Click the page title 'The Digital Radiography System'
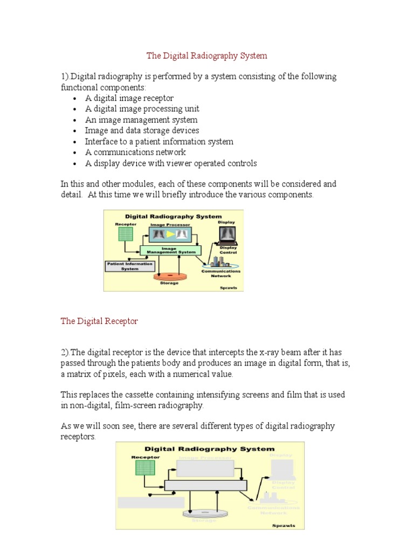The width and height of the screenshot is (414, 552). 207,56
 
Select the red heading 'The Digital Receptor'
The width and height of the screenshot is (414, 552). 99,321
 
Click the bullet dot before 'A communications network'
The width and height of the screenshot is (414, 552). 74,153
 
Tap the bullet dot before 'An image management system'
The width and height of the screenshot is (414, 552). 74,120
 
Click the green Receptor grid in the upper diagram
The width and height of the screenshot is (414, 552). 125,233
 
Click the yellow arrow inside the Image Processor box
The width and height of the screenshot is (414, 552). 171,234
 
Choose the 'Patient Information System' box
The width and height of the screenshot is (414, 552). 130,266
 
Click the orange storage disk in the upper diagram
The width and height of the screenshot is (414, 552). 169,276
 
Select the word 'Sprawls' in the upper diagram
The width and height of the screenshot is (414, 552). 228,288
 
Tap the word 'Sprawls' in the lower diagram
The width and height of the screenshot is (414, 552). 284,525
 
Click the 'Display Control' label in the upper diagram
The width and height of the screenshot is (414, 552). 228,250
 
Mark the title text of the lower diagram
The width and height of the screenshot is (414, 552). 209,448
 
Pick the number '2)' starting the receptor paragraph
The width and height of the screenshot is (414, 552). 65,353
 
